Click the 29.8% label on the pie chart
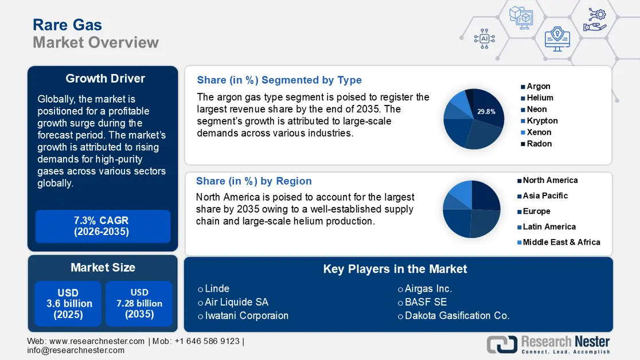tap(486, 112)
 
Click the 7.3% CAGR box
tap(103, 226)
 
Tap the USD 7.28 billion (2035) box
tap(139, 303)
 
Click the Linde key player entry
tap(217, 289)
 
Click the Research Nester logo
tap(548, 344)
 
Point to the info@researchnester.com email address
tap(76, 350)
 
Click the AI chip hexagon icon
tap(483, 38)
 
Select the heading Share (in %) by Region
tap(253, 181)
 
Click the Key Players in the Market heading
tap(395, 269)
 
